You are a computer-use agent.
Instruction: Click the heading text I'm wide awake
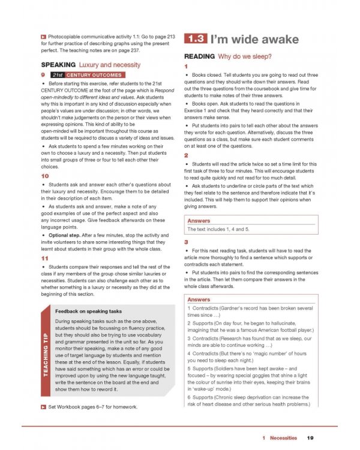(254, 40)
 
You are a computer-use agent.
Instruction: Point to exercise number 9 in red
(43, 74)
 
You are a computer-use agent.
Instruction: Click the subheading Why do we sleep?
(245, 56)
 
